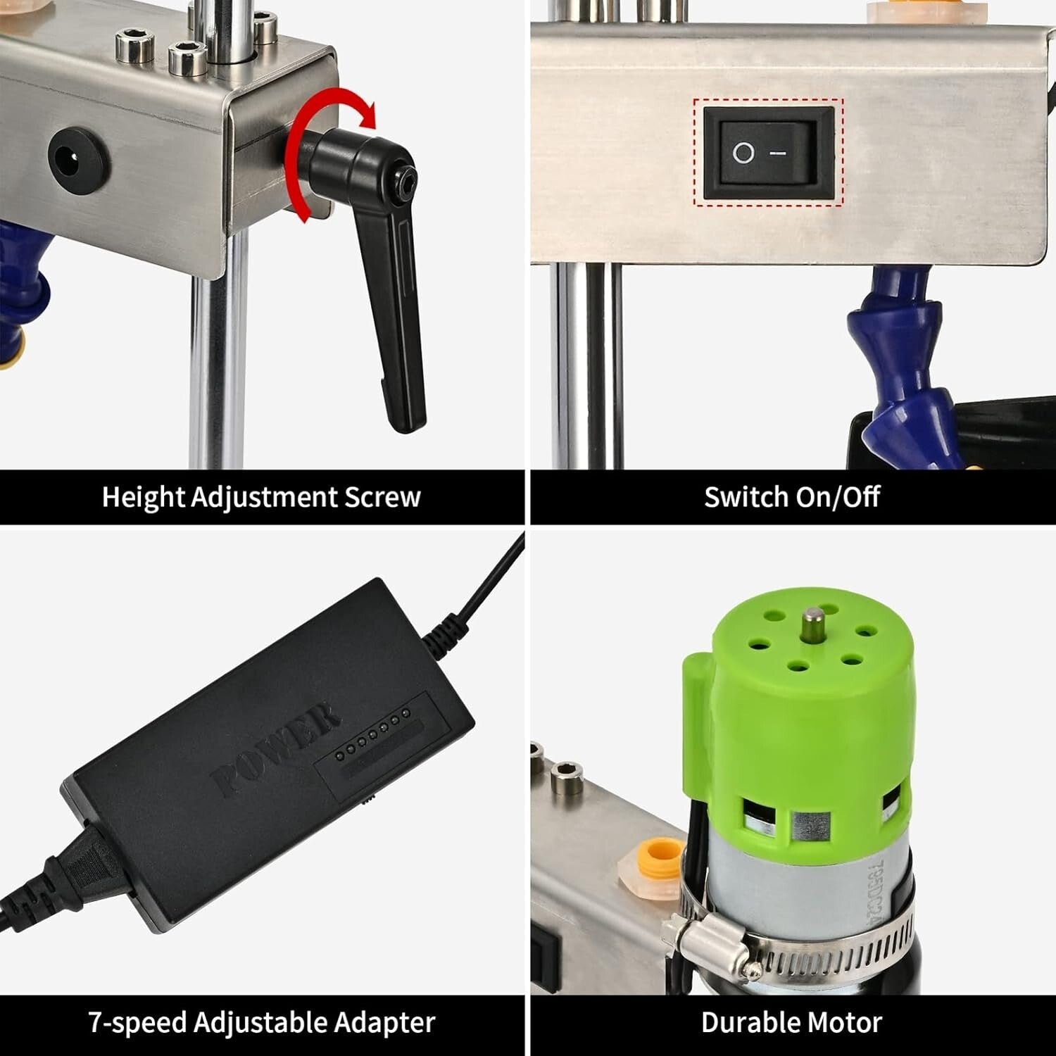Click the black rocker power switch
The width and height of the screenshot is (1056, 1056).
click(x=768, y=152)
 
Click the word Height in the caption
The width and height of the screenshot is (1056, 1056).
click(x=143, y=497)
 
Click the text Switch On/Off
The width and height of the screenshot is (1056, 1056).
click(x=791, y=497)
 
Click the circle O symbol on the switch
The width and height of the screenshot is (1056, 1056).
click(x=743, y=153)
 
